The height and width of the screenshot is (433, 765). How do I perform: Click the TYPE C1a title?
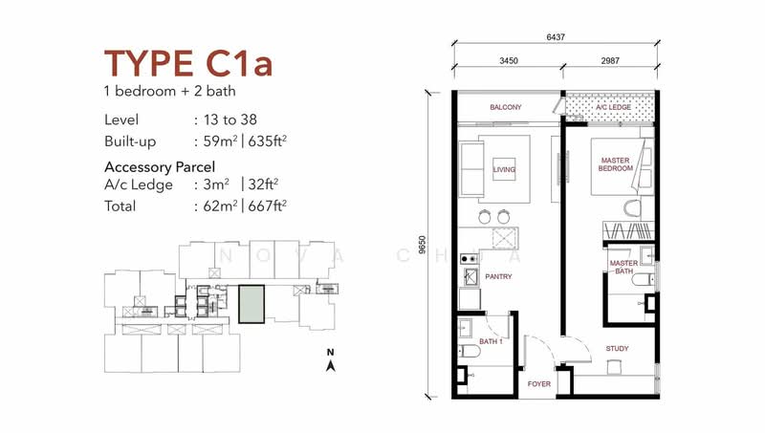[187, 63]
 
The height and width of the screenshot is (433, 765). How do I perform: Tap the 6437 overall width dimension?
[556, 36]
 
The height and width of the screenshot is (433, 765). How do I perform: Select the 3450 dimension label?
[509, 60]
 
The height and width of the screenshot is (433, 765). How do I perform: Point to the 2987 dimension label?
[610, 60]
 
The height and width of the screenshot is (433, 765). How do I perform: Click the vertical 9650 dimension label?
[423, 245]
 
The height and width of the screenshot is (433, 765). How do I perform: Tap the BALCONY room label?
[506, 107]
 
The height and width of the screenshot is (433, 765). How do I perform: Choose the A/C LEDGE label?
[613, 107]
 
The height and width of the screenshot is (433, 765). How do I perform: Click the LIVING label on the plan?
[504, 170]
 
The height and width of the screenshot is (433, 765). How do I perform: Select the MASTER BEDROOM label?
[615, 164]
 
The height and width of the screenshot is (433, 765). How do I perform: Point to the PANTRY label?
[498, 276]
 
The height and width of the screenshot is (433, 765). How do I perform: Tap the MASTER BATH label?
[623, 267]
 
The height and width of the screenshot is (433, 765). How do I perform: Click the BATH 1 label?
[491, 341]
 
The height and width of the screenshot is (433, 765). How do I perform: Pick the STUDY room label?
[617, 348]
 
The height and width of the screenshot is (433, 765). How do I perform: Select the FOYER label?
[539, 383]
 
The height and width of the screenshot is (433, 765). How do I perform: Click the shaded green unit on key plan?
[251, 304]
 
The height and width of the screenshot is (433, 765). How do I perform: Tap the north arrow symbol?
[330, 365]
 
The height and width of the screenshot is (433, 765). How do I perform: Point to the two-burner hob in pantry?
[469, 259]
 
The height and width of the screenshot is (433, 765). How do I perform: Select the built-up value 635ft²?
[267, 141]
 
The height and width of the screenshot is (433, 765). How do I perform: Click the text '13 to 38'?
[229, 119]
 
